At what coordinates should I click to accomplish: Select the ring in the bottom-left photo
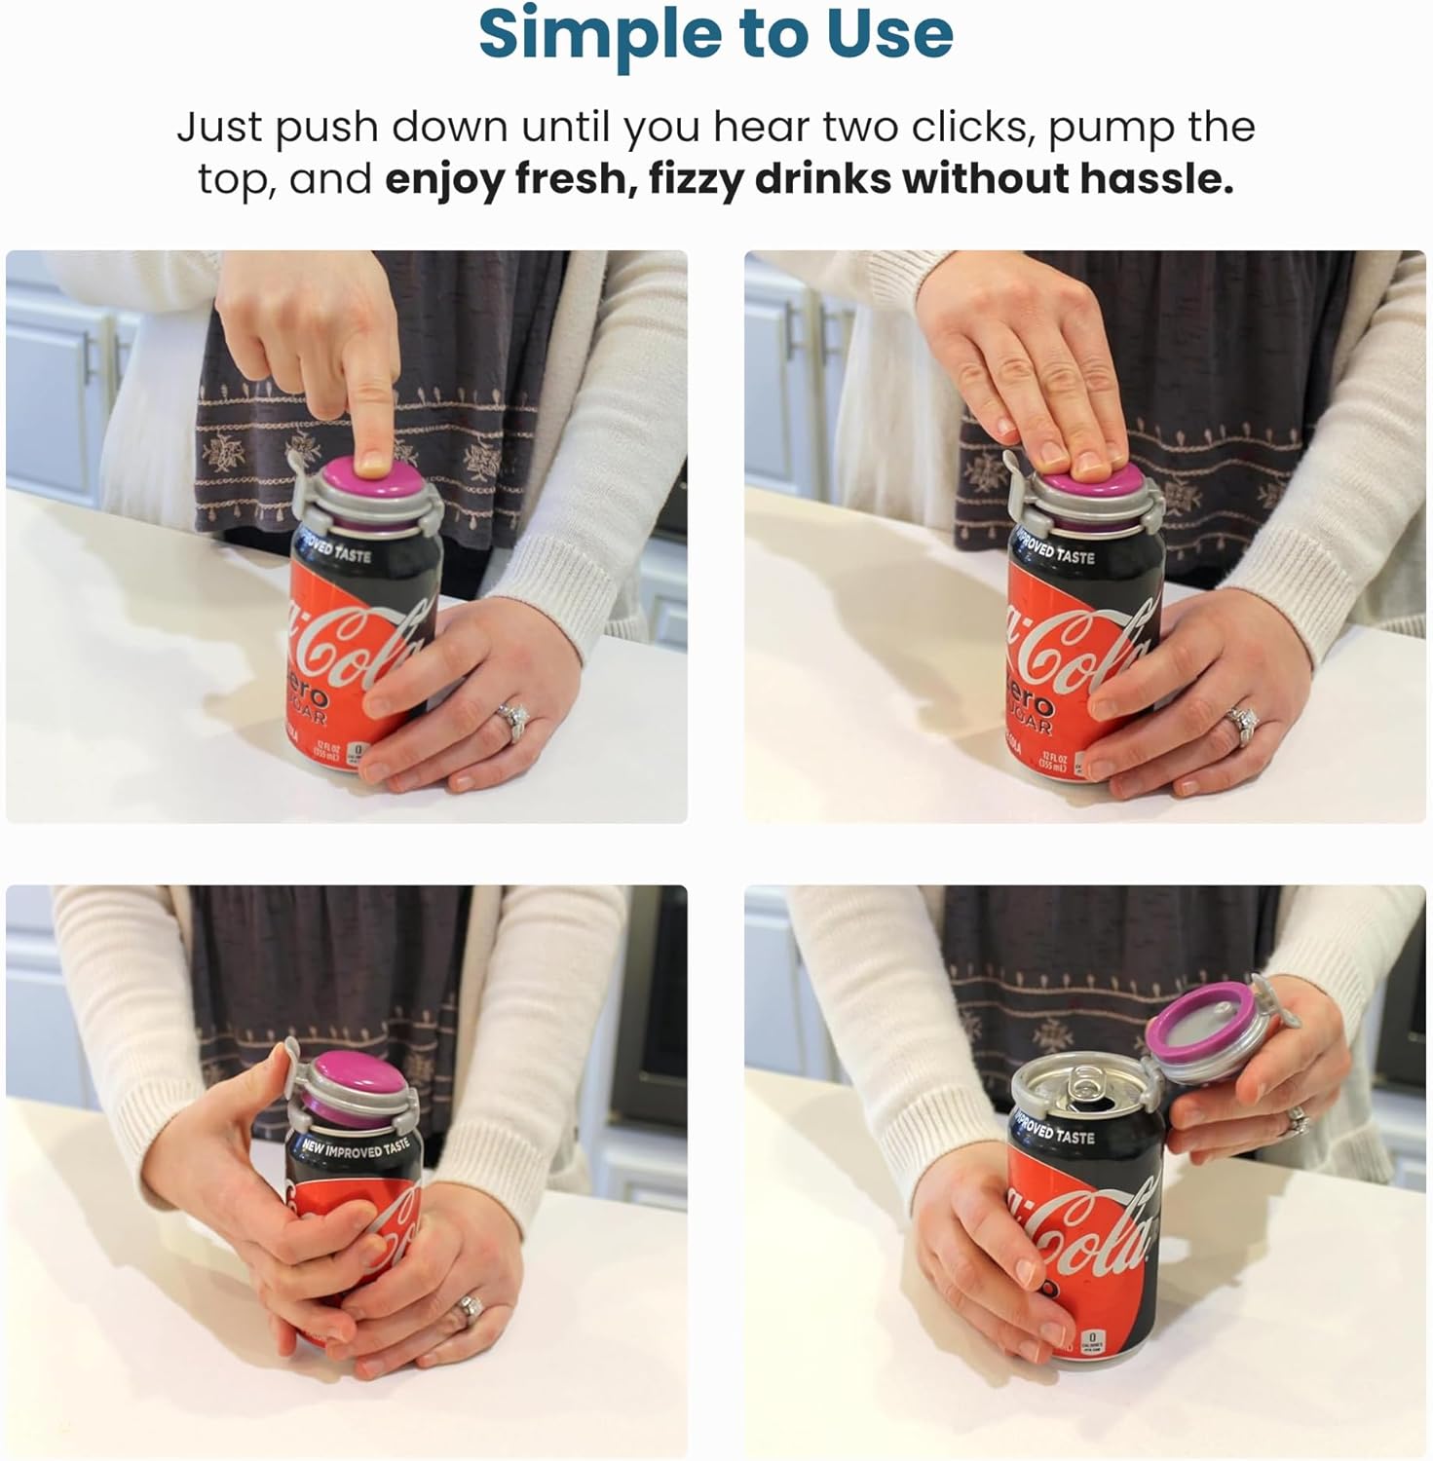[x=471, y=1306]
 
